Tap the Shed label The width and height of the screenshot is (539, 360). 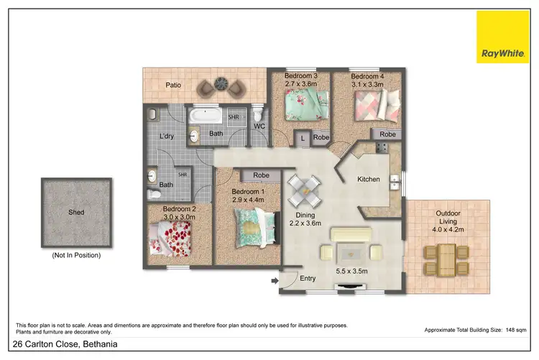tap(75, 213)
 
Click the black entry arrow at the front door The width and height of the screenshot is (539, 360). tap(275, 281)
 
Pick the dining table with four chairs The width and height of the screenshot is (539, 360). tap(305, 190)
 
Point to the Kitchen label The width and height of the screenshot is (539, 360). tap(369, 179)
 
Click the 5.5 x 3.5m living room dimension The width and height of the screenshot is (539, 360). tap(351, 272)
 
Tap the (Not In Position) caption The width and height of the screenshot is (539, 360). tap(75, 255)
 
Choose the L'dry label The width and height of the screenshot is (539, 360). tap(167, 136)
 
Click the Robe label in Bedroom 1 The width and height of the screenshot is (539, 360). tap(261, 175)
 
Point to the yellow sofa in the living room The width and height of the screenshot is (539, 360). tap(351, 235)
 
